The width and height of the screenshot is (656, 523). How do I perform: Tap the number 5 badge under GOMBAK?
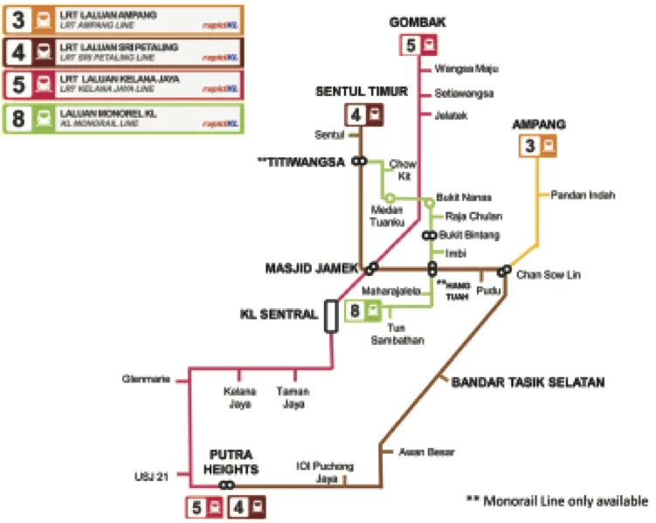click(x=411, y=45)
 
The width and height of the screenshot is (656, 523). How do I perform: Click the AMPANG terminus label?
click(x=539, y=124)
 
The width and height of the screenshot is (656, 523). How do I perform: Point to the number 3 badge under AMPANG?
click(x=529, y=147)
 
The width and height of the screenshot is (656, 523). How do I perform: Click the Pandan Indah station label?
click(x=583, y=195)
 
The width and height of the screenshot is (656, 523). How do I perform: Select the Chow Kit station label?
click(x=402, y=169)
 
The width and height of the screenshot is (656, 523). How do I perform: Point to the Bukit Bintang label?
click(x=468, y=235)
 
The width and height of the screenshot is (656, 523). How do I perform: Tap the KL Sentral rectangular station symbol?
click(x=331, y=315)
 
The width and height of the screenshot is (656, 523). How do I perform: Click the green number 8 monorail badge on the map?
click(x=356, y=310)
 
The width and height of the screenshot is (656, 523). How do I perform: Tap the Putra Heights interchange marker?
click(x=227, y=485)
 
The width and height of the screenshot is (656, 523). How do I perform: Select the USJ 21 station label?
click(x=150, y=477)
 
